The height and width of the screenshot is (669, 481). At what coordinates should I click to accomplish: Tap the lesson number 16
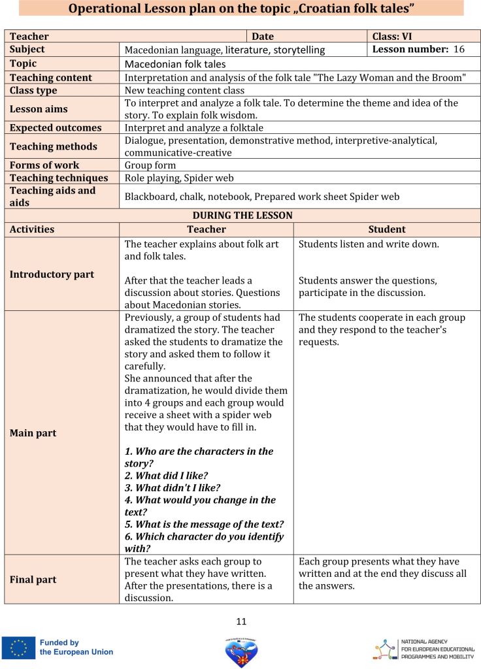click(x=459, y=49)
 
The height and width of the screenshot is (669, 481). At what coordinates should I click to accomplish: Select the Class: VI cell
click(x=392, y=37)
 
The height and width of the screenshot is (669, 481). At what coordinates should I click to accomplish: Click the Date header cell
click(x=263, y=37)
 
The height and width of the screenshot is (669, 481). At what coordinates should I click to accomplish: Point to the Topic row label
click(x=24, y=63)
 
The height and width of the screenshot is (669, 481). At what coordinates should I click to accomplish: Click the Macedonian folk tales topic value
click(x=175, y=64)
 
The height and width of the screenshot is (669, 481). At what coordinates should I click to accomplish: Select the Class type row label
click(x=33, y=90)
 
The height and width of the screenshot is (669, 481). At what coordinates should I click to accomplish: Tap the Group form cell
click(x=150, y=165)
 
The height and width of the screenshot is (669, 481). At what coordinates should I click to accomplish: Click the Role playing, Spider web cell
click(x=179, y=178)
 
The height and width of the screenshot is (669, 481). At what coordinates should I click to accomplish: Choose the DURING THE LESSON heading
click(x=242, y=216)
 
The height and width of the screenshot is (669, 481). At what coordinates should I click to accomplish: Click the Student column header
click(x=387, y=229)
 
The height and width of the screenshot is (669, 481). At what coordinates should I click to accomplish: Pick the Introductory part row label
click(x=52, y=274)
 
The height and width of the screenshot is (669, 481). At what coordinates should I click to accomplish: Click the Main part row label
click(x=33, y=433)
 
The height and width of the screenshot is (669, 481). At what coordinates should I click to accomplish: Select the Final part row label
click(x=33, y=579)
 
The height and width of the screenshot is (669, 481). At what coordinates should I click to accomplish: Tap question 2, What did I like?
click(x=173, y=476)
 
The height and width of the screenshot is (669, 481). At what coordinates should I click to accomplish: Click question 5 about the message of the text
click(x=204, y=524)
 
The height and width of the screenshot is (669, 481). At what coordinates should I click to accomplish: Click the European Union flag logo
click(x=18, y=647)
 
